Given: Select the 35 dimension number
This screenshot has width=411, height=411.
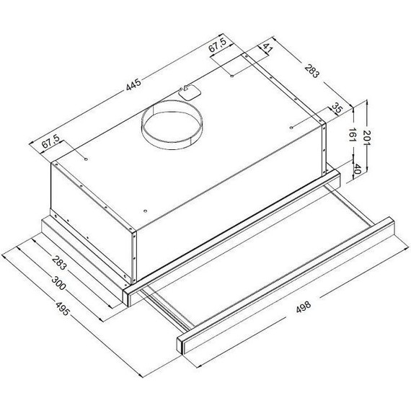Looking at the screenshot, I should pos(336,108).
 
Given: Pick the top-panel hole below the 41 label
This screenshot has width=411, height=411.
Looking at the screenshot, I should pos(231,73).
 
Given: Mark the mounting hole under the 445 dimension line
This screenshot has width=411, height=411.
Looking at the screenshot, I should pos(86,159).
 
